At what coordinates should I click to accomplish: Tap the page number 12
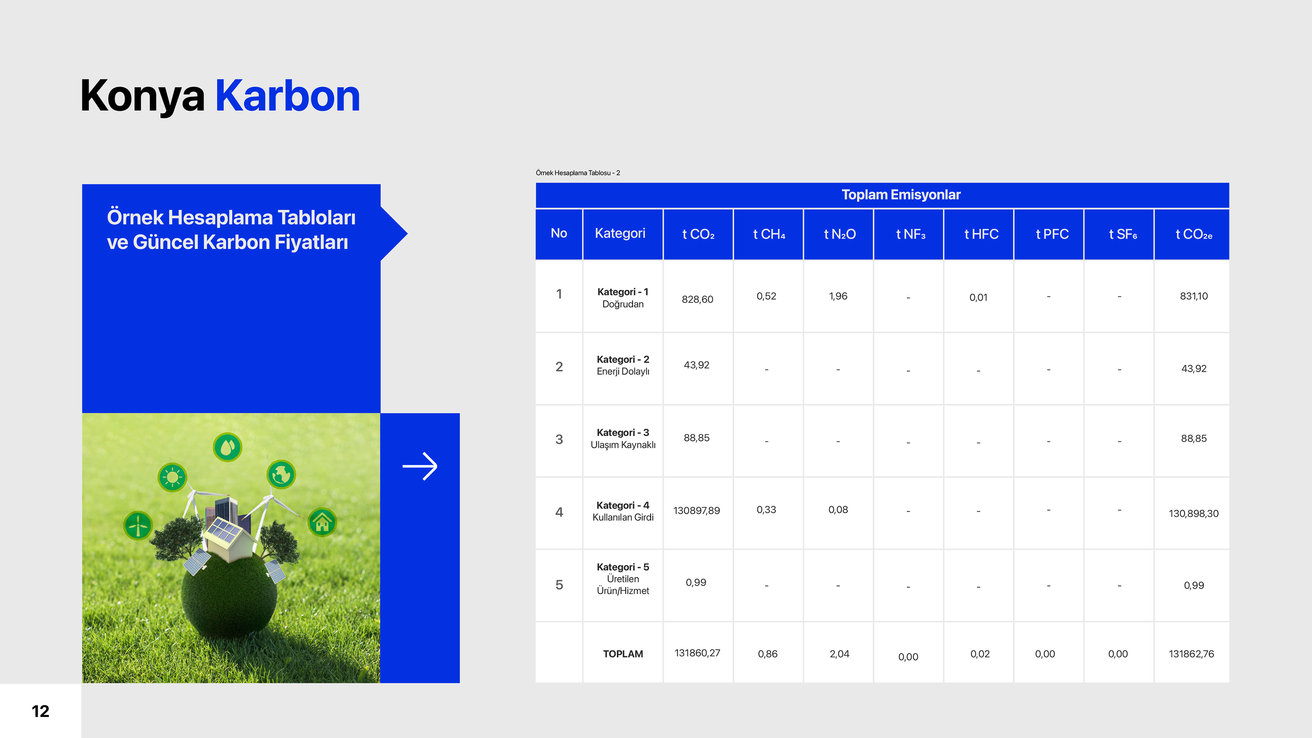pos(41,711)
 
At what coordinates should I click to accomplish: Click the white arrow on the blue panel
pos(420,466)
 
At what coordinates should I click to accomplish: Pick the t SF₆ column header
pos(1123,234)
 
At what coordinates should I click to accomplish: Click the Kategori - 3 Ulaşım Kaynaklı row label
pos(623,438)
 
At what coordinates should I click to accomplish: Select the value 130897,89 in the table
pos(697,510)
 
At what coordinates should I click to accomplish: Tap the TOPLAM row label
pos(623,654)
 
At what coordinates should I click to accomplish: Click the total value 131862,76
pos(1191,654)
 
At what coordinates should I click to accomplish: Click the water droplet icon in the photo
pos(228,447)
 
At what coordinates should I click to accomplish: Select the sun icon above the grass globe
pos(173,477)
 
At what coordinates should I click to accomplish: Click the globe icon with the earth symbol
pos(282,475)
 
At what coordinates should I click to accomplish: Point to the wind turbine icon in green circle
pos(138,525)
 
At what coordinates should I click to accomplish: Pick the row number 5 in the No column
pos(559,585)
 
